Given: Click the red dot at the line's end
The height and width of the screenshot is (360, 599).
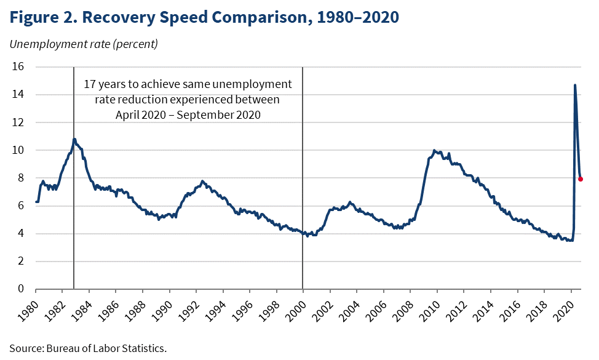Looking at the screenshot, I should click(581, 179).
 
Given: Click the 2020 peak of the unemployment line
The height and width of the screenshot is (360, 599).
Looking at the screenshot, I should click(574, 86).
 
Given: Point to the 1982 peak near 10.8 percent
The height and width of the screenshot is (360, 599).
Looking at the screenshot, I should click(74, 139).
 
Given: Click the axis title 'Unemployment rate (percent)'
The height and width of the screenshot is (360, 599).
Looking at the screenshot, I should click(84, 44).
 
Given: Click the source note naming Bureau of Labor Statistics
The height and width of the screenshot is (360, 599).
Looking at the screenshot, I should click(88, 348).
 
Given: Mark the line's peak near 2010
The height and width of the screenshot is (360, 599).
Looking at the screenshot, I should click(434, 150).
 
